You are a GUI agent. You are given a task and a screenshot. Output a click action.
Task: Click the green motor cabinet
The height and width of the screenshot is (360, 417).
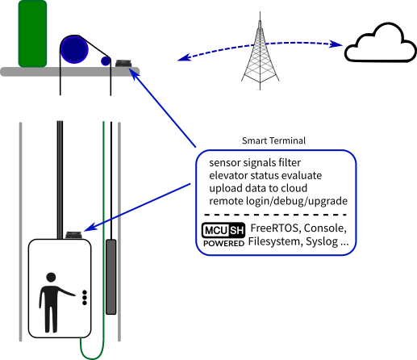click(32, 34)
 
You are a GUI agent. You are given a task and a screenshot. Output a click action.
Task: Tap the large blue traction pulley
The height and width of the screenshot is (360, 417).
click(74, 50)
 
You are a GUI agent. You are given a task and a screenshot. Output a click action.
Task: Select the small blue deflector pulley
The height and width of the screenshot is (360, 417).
click(106, 61)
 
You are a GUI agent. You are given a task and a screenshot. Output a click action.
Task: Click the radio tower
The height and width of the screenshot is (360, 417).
click(260, 51)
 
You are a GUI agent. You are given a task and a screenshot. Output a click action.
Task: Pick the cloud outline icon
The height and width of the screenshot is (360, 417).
click(381, 43)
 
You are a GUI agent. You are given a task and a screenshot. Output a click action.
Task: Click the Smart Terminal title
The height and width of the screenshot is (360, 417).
click(273, 140)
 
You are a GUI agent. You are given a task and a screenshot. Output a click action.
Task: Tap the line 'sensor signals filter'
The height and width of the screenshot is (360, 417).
click(255, 163)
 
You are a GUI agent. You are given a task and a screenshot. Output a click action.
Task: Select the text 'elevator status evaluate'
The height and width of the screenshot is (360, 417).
click(265, 175)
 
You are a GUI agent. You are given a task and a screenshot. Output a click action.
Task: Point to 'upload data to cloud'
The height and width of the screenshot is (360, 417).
click(258, 188)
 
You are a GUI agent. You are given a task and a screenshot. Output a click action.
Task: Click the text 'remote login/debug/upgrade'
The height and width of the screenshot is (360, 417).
click(278, 201)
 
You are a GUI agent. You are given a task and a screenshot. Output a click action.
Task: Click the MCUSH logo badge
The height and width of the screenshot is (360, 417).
click(223, 230)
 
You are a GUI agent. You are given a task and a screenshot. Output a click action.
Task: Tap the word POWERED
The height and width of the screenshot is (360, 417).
click(223, 244)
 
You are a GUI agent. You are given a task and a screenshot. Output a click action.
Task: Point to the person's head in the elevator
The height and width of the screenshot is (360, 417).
click(51, 278)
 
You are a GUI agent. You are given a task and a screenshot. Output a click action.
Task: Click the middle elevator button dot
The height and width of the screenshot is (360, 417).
click(85, 298)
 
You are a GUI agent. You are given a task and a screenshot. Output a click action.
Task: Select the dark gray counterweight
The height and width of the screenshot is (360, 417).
click(111, 277)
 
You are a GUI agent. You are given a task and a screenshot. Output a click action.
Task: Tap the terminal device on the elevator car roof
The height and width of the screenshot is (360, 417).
click(73, 235)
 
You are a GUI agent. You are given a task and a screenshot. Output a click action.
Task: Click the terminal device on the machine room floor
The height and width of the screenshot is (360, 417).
click(123, 64)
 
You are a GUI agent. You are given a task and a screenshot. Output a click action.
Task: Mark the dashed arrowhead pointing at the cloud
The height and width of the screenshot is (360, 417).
click(336, 44)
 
